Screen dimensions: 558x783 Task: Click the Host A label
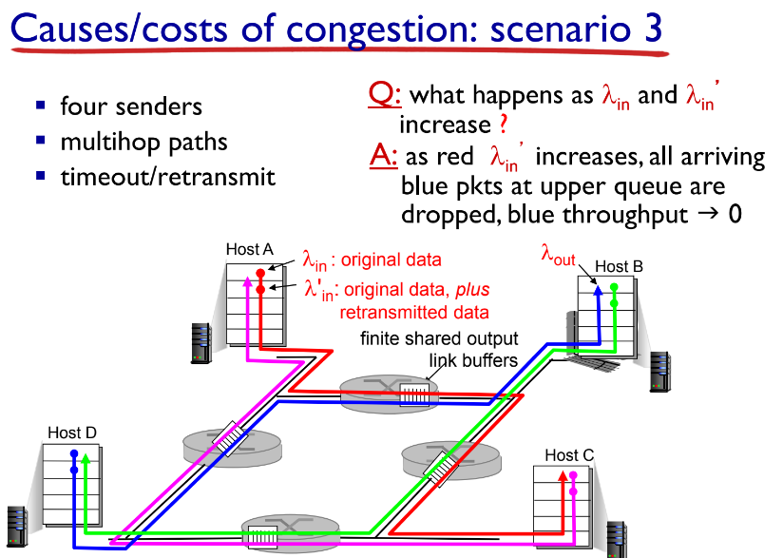(249, 249)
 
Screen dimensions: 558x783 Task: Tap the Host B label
(619, 267)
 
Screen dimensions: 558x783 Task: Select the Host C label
(569, 455)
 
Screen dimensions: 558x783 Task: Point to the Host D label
(72, 433)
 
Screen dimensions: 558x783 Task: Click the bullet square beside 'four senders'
(41, 105)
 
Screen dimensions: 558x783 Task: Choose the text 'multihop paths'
(143, 142)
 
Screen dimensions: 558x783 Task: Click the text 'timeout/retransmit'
(167, 176)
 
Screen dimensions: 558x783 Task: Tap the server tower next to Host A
(201, 342)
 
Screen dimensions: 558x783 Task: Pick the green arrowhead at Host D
(86, 458)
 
